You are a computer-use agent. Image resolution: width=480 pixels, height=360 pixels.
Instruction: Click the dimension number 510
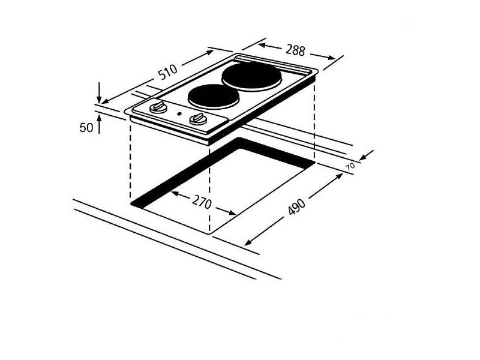(167, 73)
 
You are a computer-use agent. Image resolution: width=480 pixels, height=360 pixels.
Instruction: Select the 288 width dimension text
(295, 50)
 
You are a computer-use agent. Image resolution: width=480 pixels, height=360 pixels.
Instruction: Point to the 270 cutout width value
(201, 203)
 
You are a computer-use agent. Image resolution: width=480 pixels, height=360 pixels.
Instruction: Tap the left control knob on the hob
(158, 108)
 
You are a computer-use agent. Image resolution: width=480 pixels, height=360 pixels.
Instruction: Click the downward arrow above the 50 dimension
(99, 96)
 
